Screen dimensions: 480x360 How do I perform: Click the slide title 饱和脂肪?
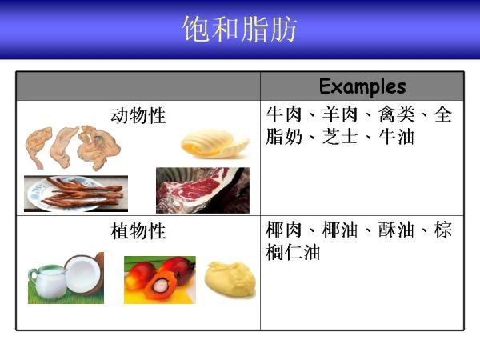[x=240, y=29]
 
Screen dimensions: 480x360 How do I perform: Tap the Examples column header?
[x=362, y=86]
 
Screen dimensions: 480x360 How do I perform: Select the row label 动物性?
[x=138, y=116]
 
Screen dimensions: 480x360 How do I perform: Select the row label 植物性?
[x=138, y=231]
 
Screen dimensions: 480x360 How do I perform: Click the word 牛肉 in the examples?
[x=284, y=114]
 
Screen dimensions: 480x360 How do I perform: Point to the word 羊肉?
[x=340, y=114]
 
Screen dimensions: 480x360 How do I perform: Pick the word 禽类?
[x=397, y=114]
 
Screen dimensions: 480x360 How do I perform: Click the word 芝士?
[x=340, y=137]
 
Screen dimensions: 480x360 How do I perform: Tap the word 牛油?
[x=397, y=137]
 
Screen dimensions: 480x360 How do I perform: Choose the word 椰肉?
[x=284, y=230]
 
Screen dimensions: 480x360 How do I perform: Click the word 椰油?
[x=340, y=230]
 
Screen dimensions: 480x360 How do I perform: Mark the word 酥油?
[x=397, y=230]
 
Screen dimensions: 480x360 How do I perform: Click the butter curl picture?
[x=215, y=143]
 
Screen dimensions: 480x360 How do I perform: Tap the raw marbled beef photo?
[x=202, y=190]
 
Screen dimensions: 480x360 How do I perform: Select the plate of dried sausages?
[x=76, y=194]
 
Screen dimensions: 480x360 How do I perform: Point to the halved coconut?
[x=85, y=274]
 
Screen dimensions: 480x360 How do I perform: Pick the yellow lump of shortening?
[x=230, y=279]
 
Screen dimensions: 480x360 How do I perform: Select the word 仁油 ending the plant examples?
[x=302, y=252]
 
